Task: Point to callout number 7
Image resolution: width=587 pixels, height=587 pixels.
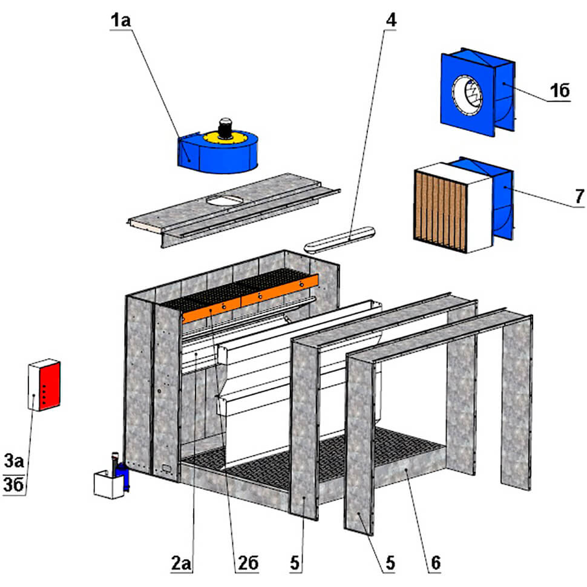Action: (579, 195)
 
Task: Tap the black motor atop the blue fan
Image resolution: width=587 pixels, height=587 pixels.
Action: (226, 127)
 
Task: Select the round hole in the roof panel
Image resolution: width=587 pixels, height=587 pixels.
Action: (224, 200)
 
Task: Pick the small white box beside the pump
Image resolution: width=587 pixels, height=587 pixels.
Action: (109, 485)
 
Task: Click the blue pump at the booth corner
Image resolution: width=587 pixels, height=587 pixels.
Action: (123, 474)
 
